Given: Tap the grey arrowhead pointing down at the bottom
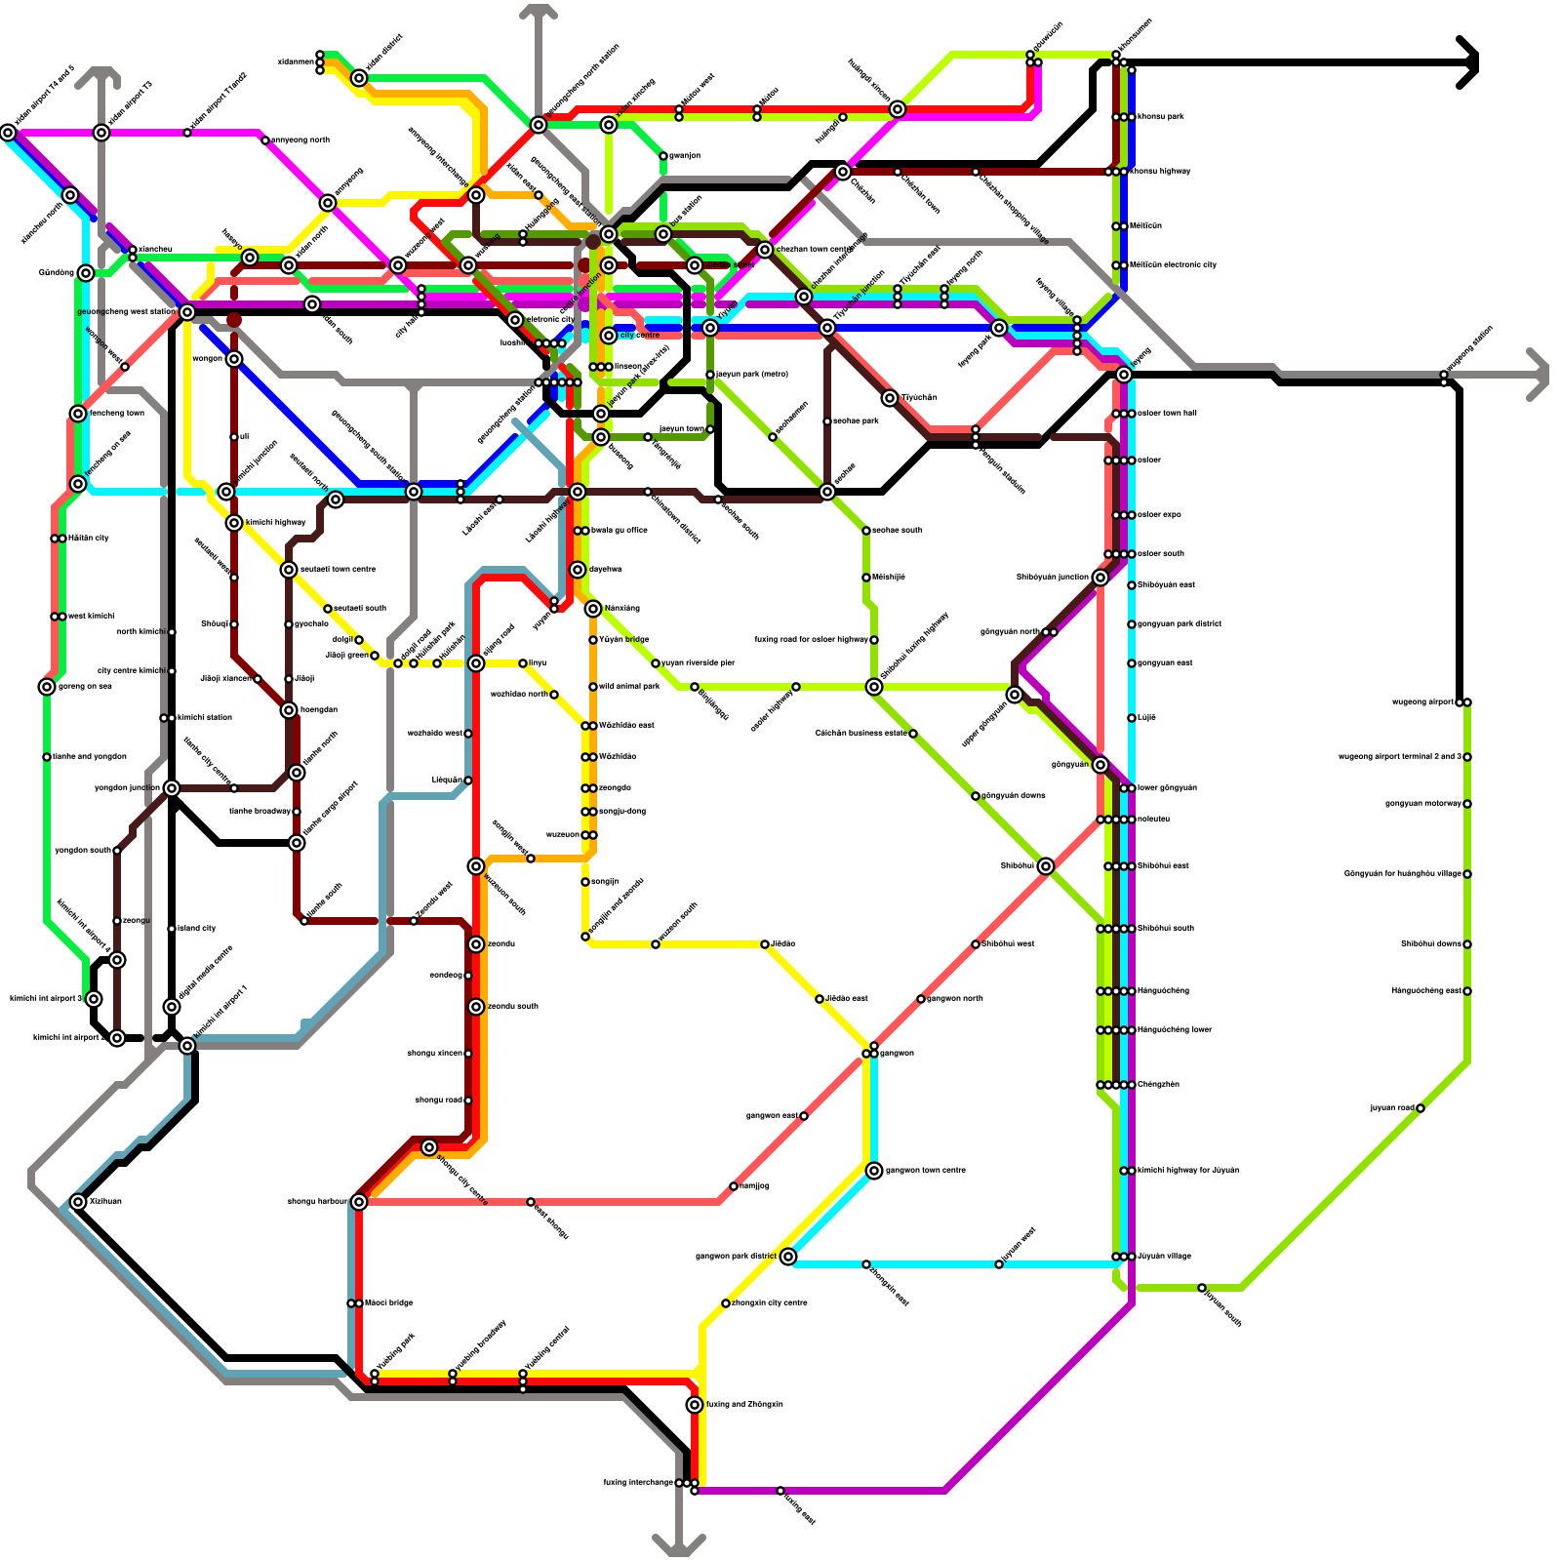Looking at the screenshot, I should [679, 1545].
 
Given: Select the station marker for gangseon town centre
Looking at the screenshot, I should [874, 1171].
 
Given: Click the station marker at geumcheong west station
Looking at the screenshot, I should [187, 312].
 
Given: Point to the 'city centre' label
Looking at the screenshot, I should [640, 336].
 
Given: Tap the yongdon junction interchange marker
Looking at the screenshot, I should [172, 788].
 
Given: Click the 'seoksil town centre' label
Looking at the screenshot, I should [338, 570].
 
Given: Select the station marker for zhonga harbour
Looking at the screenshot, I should [359, 1202].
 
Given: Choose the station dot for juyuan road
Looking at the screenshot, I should [1421, 1108].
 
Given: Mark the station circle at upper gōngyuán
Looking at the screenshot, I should [1015, 695].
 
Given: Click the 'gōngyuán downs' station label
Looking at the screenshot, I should [1014, 796].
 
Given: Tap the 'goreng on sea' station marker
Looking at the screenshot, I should [47, 687].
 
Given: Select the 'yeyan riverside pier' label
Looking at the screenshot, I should [699, 663].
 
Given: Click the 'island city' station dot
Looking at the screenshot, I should [172, 929].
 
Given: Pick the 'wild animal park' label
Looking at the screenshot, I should [630, 687].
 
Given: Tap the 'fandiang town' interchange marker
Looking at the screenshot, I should [78, 414].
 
